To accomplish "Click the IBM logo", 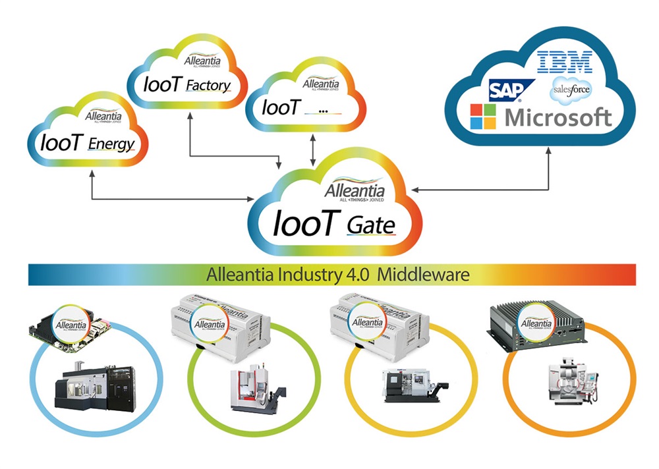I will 565,63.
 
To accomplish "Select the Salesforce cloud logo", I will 571,89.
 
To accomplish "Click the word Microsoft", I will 559,118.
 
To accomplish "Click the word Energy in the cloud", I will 111,144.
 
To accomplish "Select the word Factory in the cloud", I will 208,86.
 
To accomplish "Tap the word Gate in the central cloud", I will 370,226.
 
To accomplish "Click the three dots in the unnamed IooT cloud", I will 323,110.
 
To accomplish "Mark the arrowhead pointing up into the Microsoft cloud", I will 550,150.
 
